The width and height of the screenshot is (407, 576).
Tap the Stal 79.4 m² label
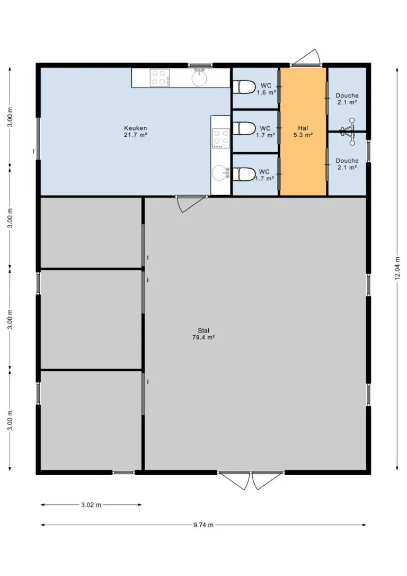point(203,334)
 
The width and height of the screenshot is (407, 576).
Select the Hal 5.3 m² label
point(303,132)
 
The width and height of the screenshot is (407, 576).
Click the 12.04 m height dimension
point(397,268)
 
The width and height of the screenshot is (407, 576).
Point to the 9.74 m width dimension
point(203,525)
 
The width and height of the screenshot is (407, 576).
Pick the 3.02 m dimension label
point(91,505)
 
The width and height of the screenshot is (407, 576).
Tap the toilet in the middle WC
point(244,128)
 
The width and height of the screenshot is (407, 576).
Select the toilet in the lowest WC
point(244,174)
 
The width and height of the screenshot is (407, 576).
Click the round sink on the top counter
point(199,77)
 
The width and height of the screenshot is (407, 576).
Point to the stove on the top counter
point(160,77)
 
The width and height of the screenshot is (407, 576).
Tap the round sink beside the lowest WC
point(221,173)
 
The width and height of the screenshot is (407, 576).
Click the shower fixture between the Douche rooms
point(348,131)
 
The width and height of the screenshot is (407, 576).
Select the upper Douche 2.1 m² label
point(347,99)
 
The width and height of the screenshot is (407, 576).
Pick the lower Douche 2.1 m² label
point(347,164)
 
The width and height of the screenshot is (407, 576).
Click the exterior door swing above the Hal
point(306,58)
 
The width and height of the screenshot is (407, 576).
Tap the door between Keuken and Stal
point(191,204)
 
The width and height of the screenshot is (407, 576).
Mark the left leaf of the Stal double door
point(234,480)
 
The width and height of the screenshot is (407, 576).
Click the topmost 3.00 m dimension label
point(11,117)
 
